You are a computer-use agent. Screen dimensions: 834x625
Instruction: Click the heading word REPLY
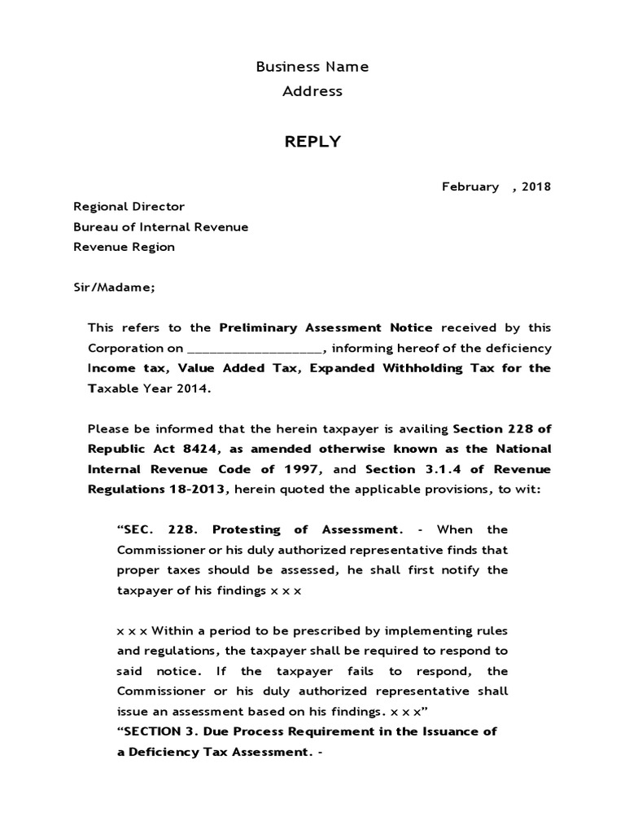312,143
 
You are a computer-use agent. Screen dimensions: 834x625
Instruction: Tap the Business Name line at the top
312,67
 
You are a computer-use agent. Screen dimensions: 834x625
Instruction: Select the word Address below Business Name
312,91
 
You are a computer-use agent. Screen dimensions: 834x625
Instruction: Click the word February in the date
470,187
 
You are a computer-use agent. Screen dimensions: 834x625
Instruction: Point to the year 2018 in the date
536,187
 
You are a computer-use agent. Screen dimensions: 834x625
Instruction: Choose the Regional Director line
129,207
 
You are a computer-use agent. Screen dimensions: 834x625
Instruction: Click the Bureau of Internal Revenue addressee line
161,227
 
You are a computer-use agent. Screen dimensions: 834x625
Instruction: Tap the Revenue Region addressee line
124,247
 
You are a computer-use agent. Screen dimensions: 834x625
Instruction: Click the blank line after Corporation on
255,349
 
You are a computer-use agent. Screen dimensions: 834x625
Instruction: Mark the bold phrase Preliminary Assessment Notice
330,327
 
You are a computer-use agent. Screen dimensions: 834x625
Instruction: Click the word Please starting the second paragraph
107,428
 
